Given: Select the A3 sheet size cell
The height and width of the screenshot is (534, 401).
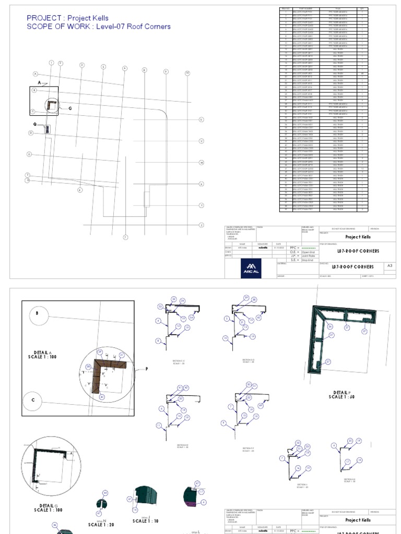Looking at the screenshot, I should click(390, 266).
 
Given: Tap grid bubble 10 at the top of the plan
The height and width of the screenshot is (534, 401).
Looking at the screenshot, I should click(187, 73).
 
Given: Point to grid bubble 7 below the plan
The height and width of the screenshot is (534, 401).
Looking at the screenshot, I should click(125, 237).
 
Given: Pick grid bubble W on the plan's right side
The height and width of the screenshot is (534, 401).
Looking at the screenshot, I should click(201, 162).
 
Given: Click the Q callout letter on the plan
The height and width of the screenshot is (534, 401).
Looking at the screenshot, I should click(35, 125).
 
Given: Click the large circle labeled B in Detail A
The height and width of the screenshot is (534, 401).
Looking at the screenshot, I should click(37, 314).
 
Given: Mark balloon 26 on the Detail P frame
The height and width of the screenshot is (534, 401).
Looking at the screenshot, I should click(330, 326).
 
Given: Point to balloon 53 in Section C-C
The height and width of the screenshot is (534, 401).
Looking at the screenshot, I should click(160, 307).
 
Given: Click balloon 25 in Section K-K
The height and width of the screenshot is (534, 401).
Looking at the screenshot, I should click(350, 441).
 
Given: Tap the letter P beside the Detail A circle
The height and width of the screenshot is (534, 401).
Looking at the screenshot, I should click(147, 369).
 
